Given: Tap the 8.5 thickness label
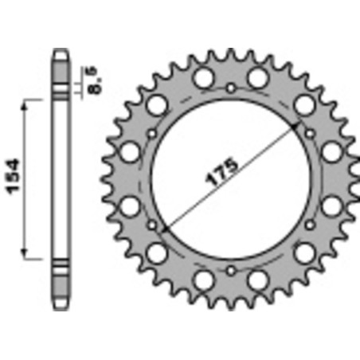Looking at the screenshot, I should coord(96,80).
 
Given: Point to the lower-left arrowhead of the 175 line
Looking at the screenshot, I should coord(164,230).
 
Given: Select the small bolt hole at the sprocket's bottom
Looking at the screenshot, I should coord(230,271).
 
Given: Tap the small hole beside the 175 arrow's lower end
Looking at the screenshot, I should coord(151,225).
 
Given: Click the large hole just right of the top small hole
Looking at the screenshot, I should coord(257,78).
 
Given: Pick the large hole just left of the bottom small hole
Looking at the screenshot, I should coord(203,279).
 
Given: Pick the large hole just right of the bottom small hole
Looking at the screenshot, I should coord(257,279).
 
